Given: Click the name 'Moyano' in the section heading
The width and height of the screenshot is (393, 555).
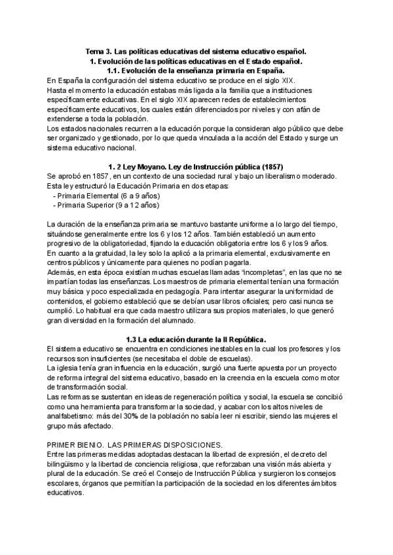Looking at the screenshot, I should point(160,166).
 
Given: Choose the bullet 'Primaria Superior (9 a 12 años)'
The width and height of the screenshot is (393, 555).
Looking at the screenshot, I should point(105,205).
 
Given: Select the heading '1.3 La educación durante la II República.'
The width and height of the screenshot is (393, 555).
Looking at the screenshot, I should point(196,340).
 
